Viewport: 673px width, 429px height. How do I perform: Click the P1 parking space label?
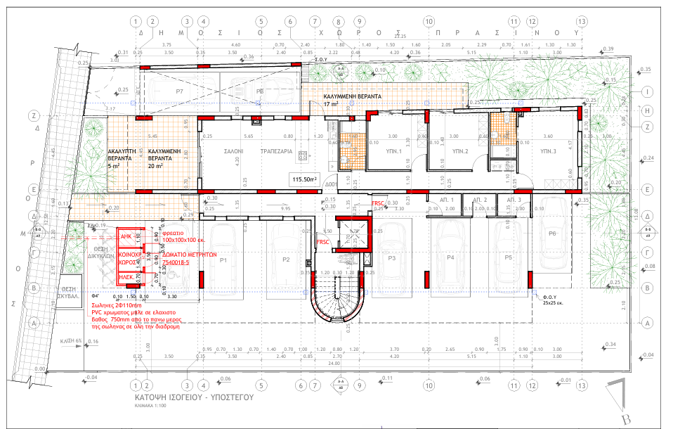223,260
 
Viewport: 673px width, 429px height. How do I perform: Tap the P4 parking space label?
450,258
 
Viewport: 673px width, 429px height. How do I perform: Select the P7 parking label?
179,92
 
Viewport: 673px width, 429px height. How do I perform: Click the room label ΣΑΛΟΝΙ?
234,151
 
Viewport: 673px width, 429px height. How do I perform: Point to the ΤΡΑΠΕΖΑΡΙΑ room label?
276,151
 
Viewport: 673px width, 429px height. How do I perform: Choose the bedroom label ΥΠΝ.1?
394,151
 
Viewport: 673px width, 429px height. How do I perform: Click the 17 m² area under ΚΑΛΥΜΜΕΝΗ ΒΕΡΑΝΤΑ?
331,104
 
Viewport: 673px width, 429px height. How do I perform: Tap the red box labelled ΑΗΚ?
127,237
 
